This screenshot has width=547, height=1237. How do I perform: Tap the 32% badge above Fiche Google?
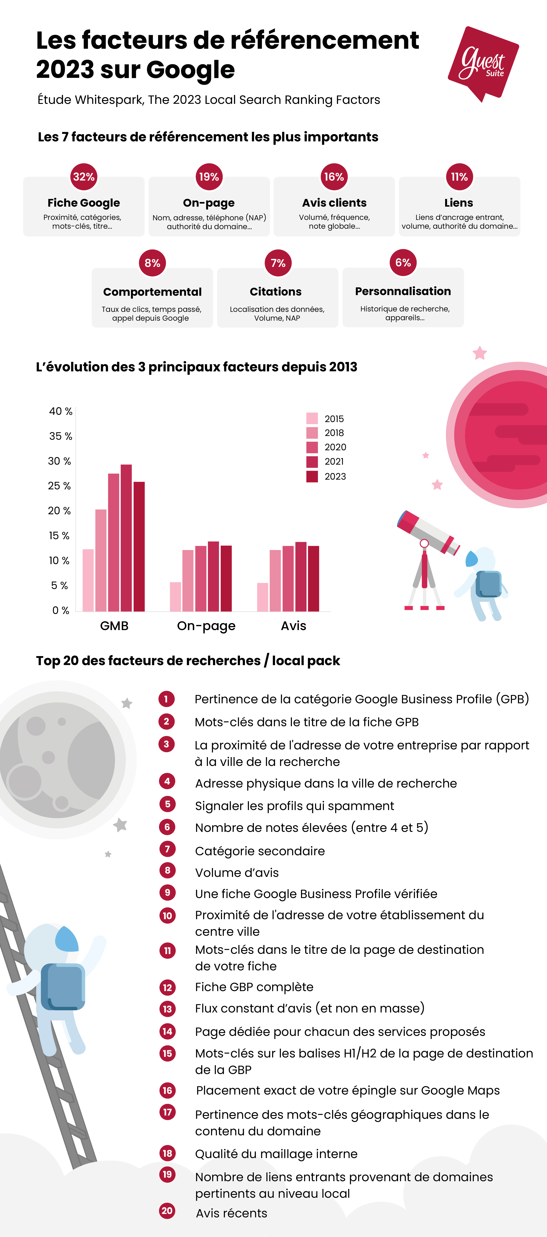coord(84,177)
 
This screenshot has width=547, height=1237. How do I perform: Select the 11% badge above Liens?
coord(459,177)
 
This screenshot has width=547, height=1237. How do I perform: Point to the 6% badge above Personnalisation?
coord(403,263)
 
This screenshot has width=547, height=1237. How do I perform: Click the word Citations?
coord(276,292)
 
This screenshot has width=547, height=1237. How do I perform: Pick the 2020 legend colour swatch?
coord(312,447)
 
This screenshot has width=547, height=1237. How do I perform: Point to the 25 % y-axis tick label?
coord(60,486)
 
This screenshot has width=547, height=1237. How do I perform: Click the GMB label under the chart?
coord(114,626)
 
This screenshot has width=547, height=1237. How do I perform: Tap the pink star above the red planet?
coord(480,353)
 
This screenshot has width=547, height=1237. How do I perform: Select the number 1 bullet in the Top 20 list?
coord(167,699)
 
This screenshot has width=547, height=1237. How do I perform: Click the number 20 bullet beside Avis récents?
coord(167,1211)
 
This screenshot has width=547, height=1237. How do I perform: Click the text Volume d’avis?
coord(237,872)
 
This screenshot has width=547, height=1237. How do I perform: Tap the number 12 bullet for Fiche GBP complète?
coord(167,987)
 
